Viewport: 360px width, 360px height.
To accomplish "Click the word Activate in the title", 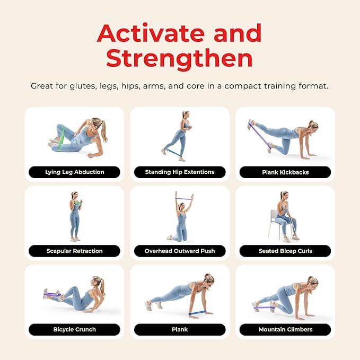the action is pyautogui.click(x=151, y=33).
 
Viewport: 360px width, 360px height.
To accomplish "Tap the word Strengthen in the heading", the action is pyautogui.click(x=179, y=58).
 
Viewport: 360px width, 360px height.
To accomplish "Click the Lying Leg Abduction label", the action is pyautogui.click(x=74, y=172).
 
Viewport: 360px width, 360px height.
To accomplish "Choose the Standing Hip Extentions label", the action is pyautogui.click(x=180, y=172).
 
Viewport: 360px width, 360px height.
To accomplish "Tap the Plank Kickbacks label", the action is pyautogui.click(x=285, y=172).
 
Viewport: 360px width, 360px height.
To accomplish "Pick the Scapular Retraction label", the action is pyautogui.click(x=74, y=251).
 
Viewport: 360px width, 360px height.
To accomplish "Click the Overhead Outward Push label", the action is pyautogui.click(x=180, y=251).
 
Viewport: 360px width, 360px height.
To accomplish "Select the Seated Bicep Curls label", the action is pyautogui.click(x=285, y=251).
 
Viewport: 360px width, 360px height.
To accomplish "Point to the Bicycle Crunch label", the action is pyautogui.click(x=74, y=329).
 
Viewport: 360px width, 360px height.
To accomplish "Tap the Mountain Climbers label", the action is pyautogui.click(x=285, y=329).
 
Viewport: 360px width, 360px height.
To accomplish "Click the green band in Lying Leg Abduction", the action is pyautogui.click(x=62, y=139).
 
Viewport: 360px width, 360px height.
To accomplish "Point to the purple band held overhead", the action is pyautogui.click(x=183, y=199).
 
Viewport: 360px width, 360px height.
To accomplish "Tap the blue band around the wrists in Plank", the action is pyautogui.click(x=197, y=312).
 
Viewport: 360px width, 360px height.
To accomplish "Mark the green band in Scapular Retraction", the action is pyautogui.click(x=77, y=204).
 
